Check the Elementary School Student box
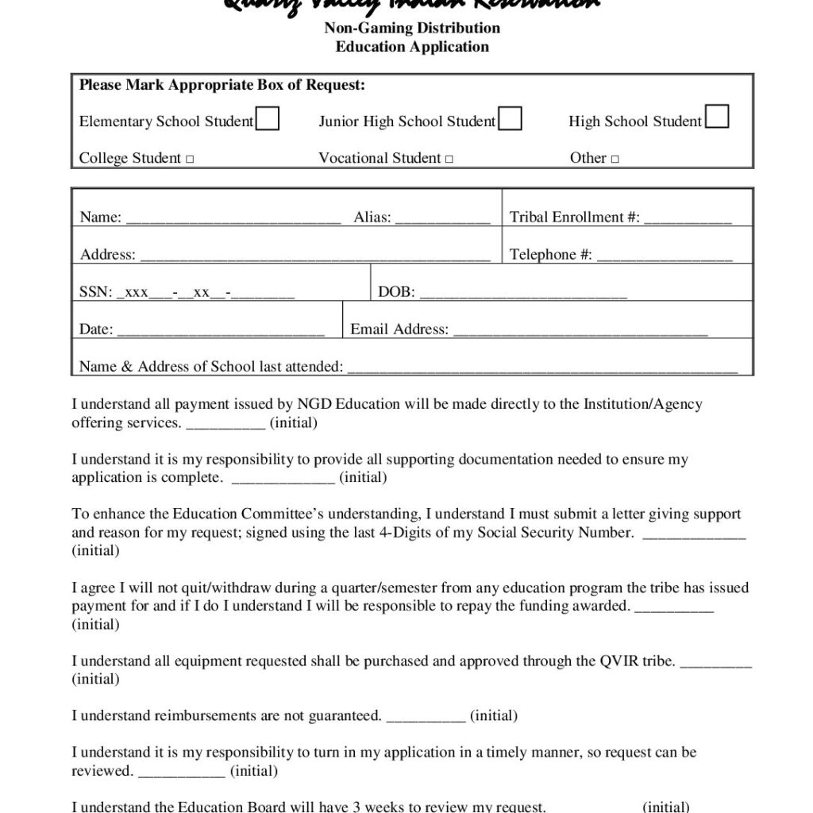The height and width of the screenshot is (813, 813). pyautogui.click(x=268, y=118)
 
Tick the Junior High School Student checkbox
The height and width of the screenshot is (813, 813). pyautogui.click(x=510, y=118)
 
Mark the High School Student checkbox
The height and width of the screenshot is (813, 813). pyautogui.click(x=717, y=117)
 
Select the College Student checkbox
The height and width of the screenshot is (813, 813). pyautogui.click(x=190, y=160)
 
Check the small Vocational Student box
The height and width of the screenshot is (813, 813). pyautogui.click(x=449, y=160)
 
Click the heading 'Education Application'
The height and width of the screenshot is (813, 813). pyautogui.click(x=412, y=47)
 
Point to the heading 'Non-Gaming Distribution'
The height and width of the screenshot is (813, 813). pyautogui.click(x=412, y=29)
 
